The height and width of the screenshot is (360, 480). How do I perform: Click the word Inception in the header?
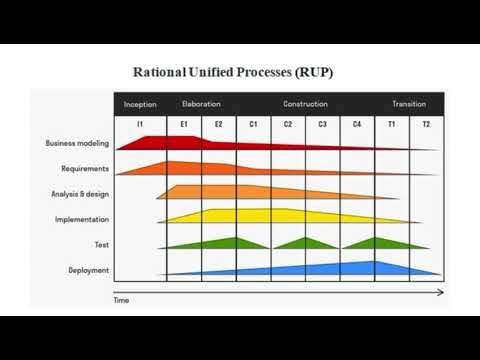(x=140, y=104)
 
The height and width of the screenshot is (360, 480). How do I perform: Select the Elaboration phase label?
(x=201, y=104)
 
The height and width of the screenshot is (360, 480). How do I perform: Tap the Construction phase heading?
(x=305, y=104)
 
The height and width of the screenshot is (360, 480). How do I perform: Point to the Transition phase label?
(x=409, y=104)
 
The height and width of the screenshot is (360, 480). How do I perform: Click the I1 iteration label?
(x=140, y=124)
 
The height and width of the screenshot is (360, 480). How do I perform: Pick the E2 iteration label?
(x=218, y=124)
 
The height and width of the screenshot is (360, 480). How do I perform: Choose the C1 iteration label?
(x=253, y=124)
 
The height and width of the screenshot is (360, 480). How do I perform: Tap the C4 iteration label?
(x=357, y=124)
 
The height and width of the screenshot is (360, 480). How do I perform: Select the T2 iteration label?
(x=426, y=124)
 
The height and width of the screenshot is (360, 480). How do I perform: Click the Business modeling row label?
(x=77, y=143)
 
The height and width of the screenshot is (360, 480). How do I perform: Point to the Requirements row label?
(x=85, y=169)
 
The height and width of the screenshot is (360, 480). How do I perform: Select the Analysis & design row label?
(x=80, y=194)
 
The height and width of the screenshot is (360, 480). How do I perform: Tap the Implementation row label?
(x=82, y=219)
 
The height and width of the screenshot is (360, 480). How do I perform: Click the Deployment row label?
(x=89, y=270)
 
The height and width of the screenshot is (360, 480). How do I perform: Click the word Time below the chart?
(x=121, y=300)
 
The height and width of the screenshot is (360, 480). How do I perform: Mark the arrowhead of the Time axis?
(x=440, y=292)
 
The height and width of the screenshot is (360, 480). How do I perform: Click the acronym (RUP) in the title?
(x=313, y=72)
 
